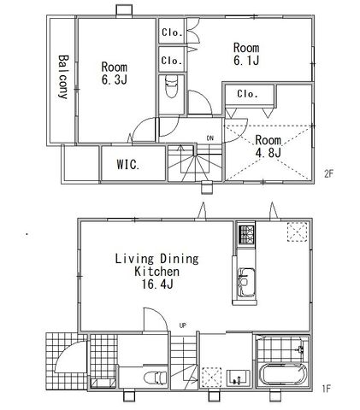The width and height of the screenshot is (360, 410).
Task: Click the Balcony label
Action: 63,77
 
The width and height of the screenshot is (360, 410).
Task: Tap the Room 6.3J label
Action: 115,73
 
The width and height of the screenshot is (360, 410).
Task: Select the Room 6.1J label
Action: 246,54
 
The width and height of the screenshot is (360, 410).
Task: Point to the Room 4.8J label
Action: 269,146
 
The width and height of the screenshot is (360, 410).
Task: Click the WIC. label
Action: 128,165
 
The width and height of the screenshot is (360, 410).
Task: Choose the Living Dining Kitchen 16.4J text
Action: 157,272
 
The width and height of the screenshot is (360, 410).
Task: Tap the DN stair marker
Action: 210,138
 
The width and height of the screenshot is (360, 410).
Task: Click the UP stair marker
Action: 183,325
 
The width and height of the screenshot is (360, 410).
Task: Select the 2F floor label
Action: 328,173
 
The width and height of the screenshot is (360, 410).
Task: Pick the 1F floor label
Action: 327,389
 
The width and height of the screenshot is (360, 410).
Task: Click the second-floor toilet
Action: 171,86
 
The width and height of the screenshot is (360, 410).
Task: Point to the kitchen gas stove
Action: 246,235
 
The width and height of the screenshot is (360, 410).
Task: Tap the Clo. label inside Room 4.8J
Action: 247,94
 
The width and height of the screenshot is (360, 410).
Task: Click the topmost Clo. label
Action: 172,32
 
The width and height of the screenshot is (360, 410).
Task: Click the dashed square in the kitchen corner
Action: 298,231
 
